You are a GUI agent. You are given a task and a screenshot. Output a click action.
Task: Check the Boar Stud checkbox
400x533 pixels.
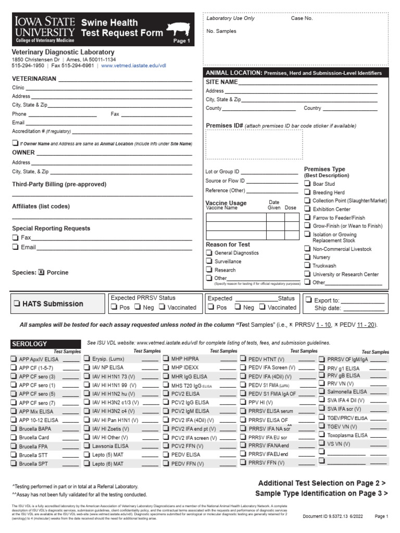[307, 184]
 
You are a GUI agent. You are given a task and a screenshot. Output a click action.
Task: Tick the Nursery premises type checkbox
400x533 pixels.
[307, 257]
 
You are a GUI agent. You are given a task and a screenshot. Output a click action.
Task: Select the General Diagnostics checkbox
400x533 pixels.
[209, 253]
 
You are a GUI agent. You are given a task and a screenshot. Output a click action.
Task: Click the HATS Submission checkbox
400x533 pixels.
[17, 303]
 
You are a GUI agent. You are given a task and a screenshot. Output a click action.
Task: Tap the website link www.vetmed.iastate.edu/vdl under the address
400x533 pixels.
[133, 66]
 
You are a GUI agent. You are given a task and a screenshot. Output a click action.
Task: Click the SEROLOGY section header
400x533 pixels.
[30, 344]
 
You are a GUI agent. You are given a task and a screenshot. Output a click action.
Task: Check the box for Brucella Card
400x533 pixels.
[14, 437]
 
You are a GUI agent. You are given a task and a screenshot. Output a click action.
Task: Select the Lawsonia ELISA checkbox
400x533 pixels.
[87, 446]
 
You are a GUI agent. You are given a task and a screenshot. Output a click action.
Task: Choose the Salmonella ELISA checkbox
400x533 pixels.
[322, 391]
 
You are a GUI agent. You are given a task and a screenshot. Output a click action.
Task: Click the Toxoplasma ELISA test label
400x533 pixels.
[347, 435]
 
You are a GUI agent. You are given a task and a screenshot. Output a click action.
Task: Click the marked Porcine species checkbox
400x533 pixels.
[42, 272]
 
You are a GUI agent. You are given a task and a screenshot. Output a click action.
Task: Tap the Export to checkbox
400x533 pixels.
[308, 300]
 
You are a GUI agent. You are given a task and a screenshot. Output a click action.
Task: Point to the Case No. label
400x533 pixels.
[302, 18]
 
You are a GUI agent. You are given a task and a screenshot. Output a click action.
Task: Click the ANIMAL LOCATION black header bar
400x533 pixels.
[296, 73]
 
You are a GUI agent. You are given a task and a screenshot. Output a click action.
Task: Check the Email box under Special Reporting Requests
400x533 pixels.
[15, 247]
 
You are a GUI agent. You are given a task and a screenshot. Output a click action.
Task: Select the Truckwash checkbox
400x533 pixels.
[307, 265]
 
